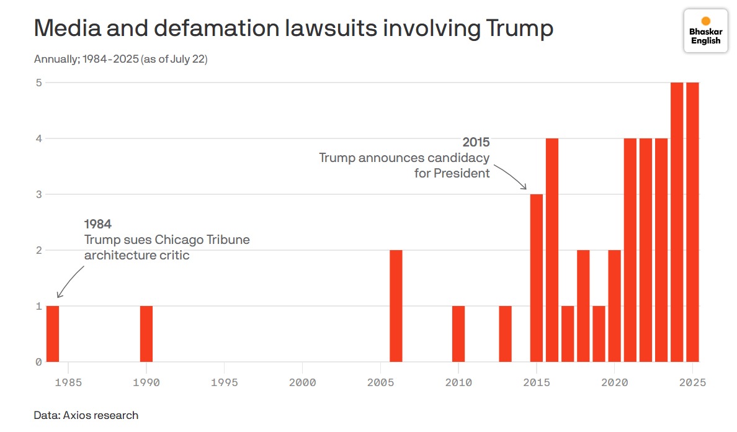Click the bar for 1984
pyautogui.click(x=53, y=333)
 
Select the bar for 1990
pyautogui.click(x=146, y=333)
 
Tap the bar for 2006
pyautogui.click(x=396, y=305)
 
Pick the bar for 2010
pyautogui.click(x=458, y=333)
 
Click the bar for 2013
pyautogui.click(x=505, y=333)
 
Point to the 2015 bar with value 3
pyautogui.click(x=537, y=277)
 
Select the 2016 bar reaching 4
pyautogui.click(x=552, y=250)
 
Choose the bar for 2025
pyautogui.click(x=692, y=222)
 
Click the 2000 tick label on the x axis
pyautogui.click(x=302, y=382)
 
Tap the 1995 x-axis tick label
pyautogui.click(x=225, y=382)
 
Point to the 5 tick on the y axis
pyautogui.click(x=38, y=83)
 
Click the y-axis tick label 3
pyautogui.click(x=38, y=194)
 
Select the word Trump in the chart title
pyautogui.click(x=519, y=29)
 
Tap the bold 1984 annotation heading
pyautogui.click(x=97, y=224)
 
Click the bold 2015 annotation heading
pyautogui.click(x=476, y=143)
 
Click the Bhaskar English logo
pyautogui.click(x=705, y=30)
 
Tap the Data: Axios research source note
pyautogui.click(x=86, y=415)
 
